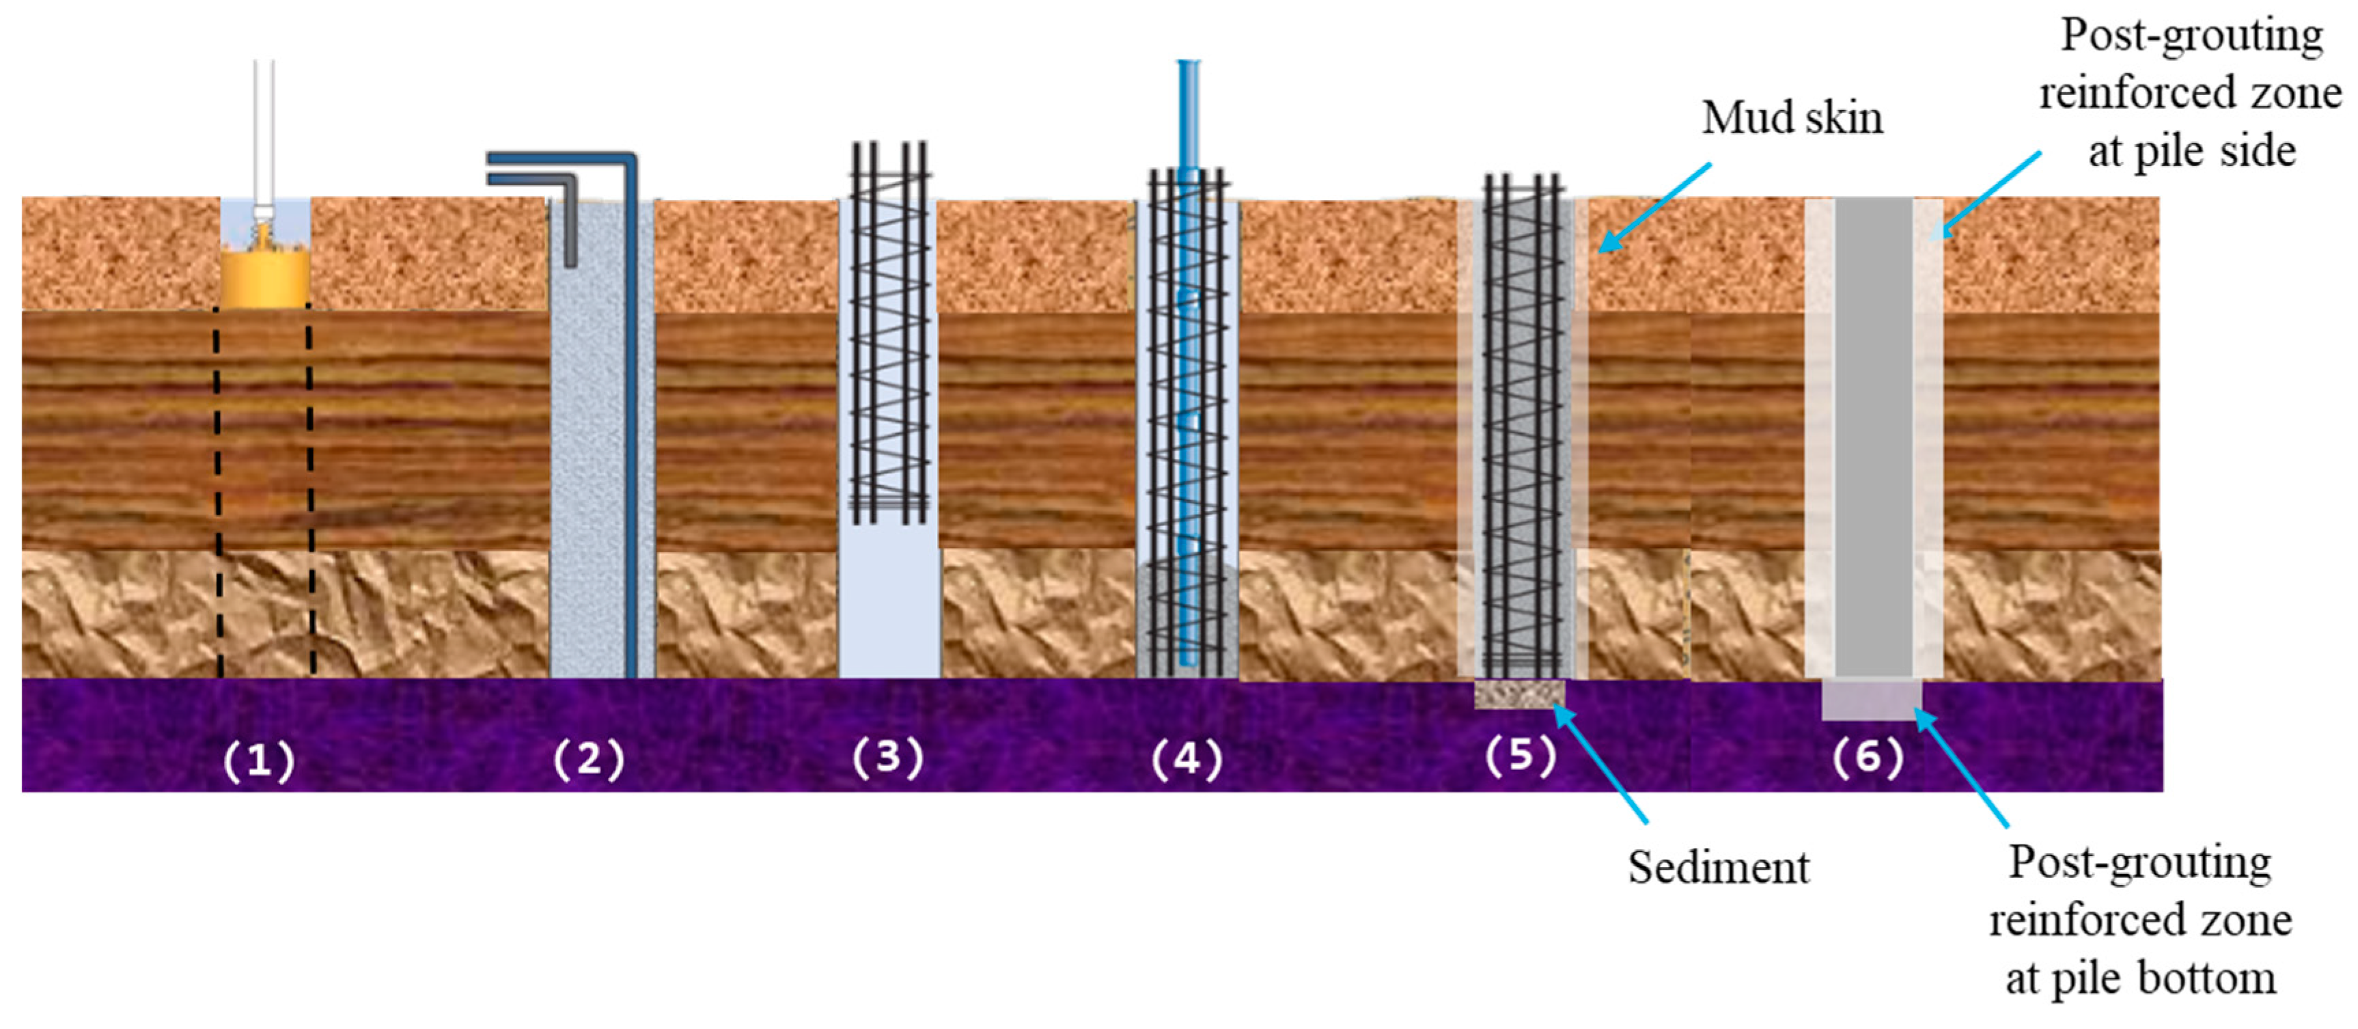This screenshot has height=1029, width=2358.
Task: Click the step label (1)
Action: (x=259, y=760)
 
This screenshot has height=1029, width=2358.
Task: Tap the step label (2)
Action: (x=589, y=760)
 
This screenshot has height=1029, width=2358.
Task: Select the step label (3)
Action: (x=887, y=757)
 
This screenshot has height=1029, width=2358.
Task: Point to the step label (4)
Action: (x=1187, y=759)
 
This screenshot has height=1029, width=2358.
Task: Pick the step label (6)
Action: (x=1868, y=757)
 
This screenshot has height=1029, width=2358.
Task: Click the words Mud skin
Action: (x=1792, y=118)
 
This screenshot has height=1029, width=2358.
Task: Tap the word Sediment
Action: (x=1718, y=867)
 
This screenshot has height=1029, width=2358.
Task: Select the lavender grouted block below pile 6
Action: (x=1871, y=700)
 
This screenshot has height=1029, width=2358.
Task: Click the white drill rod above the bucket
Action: (x=264, y=128)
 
